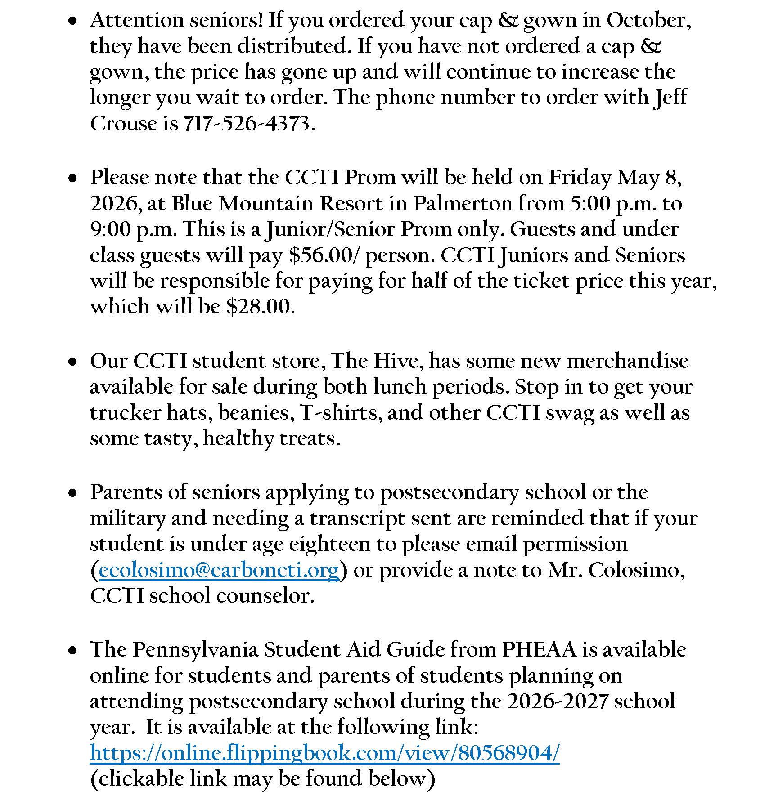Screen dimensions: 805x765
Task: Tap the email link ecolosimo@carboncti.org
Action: pos(219,570)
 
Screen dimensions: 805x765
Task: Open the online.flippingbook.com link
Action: pos(325,752)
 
